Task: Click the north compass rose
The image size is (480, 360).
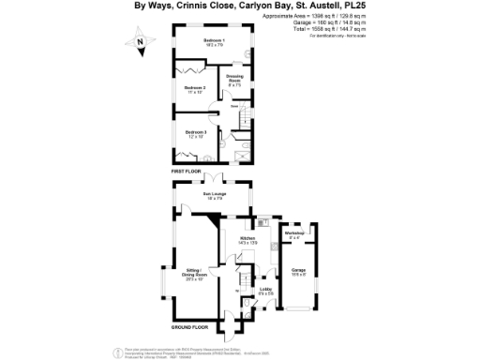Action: tap(139, 42)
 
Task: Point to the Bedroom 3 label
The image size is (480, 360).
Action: tap(195, 134)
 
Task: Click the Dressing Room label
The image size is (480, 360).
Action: tap(234, 82)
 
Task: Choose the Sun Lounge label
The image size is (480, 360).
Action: tap(214, 196)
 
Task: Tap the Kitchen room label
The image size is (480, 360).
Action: tap(247, 241)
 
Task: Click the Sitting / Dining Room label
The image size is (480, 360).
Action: tap(195, 274)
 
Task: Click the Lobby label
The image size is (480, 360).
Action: tap(265, 291)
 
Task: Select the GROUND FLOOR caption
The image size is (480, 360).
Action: tap(189, 328)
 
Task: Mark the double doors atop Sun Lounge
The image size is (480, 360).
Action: tap(215, 180)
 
